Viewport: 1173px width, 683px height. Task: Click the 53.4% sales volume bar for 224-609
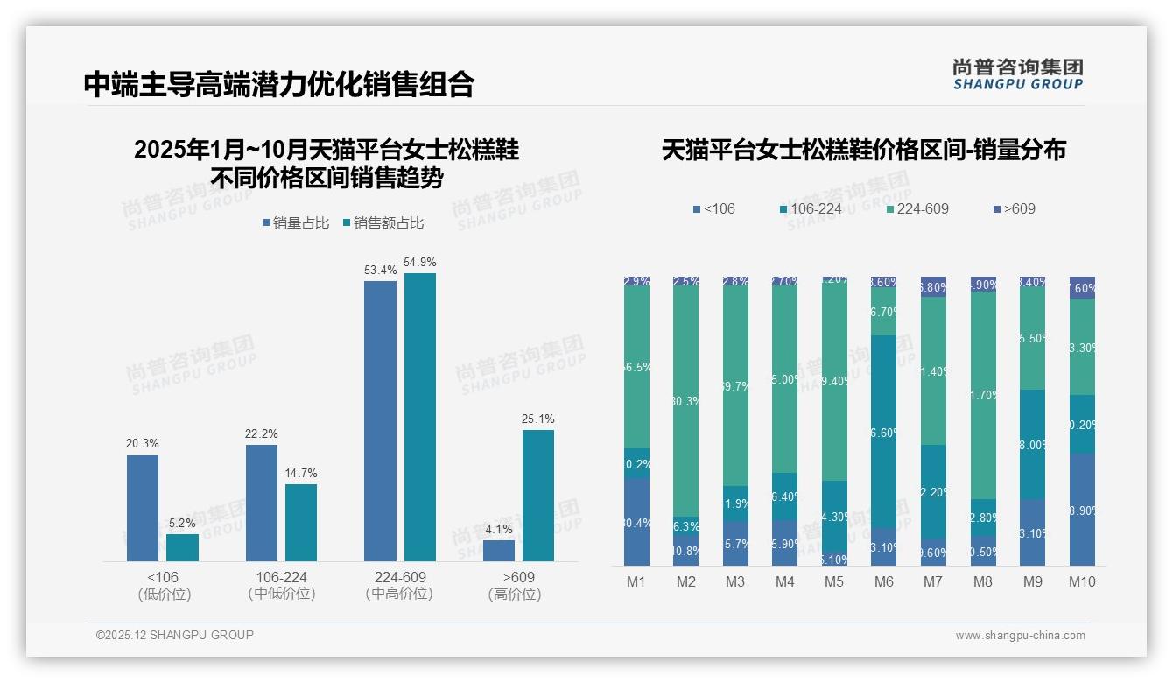380,420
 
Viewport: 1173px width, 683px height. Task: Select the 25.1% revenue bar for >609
538,495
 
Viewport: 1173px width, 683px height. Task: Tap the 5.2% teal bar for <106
182,547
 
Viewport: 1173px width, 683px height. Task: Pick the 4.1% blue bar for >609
499,551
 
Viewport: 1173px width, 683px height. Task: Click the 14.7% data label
300,473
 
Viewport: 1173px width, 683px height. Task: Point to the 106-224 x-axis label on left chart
281,578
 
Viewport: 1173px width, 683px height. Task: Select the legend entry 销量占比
295,223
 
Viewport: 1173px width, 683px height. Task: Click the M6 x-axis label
884,581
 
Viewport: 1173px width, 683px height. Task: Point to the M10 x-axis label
1082,581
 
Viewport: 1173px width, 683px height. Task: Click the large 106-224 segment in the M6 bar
884,432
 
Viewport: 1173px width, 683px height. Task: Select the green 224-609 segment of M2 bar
686,401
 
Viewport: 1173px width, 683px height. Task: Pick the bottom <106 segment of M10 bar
1082,509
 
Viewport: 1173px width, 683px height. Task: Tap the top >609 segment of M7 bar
933,286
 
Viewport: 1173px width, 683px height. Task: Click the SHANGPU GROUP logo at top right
1017,74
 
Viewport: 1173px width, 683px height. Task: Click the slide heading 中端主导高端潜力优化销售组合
279,84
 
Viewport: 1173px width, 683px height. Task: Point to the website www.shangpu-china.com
1020,636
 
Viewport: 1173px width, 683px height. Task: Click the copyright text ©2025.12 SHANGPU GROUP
175,635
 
